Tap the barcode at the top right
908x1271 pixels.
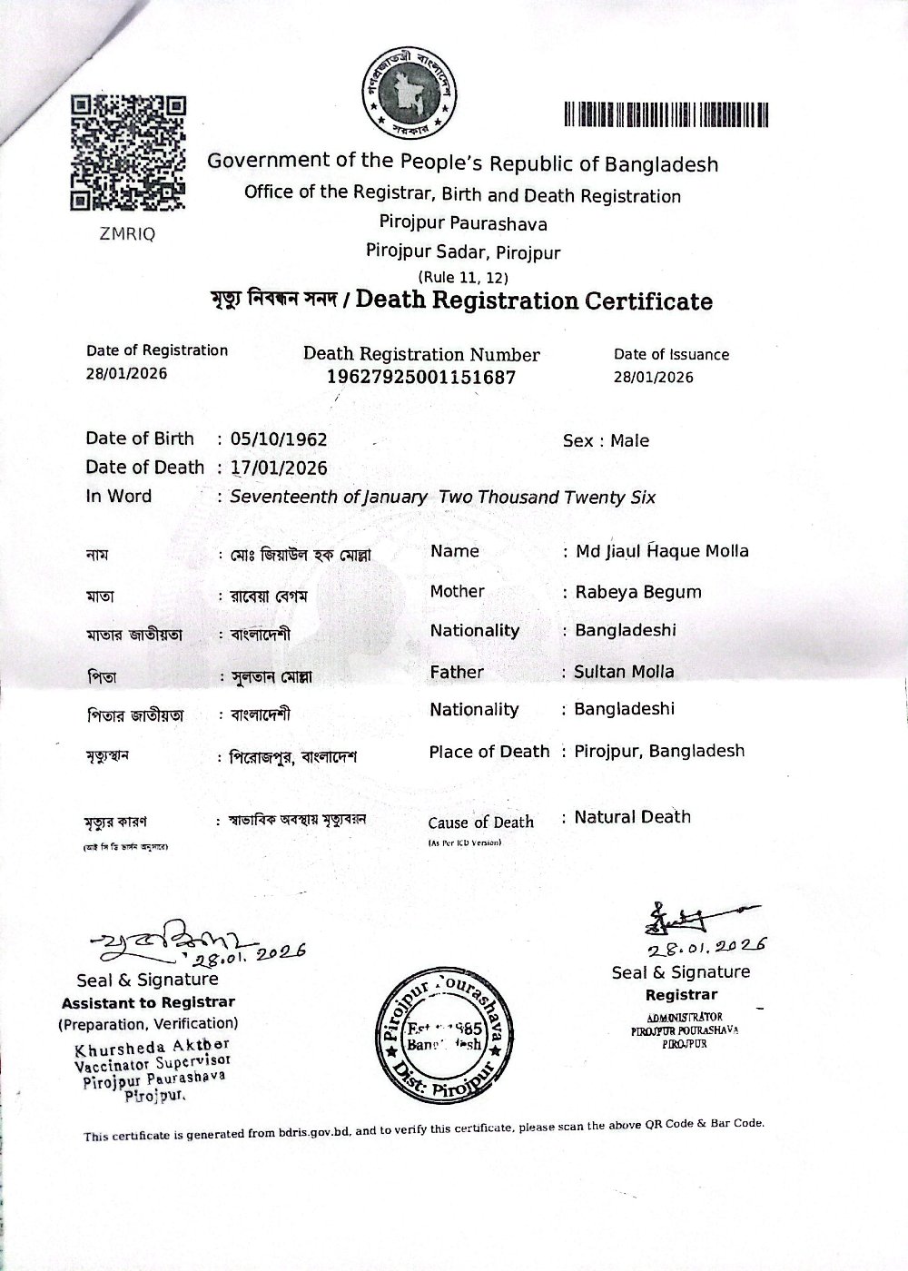tap(666, 114)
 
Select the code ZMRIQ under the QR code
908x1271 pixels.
tap(126, 233)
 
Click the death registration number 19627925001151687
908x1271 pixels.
tap(420, 377)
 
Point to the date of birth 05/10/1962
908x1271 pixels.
tap(279, 439)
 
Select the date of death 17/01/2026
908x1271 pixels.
tap(279, 468)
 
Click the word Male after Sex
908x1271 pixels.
tap(629, 441)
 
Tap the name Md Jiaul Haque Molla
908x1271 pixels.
tap(662, 551)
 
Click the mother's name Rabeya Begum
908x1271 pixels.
tap(637, 592)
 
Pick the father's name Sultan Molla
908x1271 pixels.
tap(624, 672)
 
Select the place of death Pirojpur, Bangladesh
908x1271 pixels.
tap(659, 751)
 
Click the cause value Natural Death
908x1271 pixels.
tap(632, 817)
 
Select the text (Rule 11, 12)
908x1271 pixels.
tap(462, 277)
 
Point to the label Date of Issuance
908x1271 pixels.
tap(671, 355)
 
